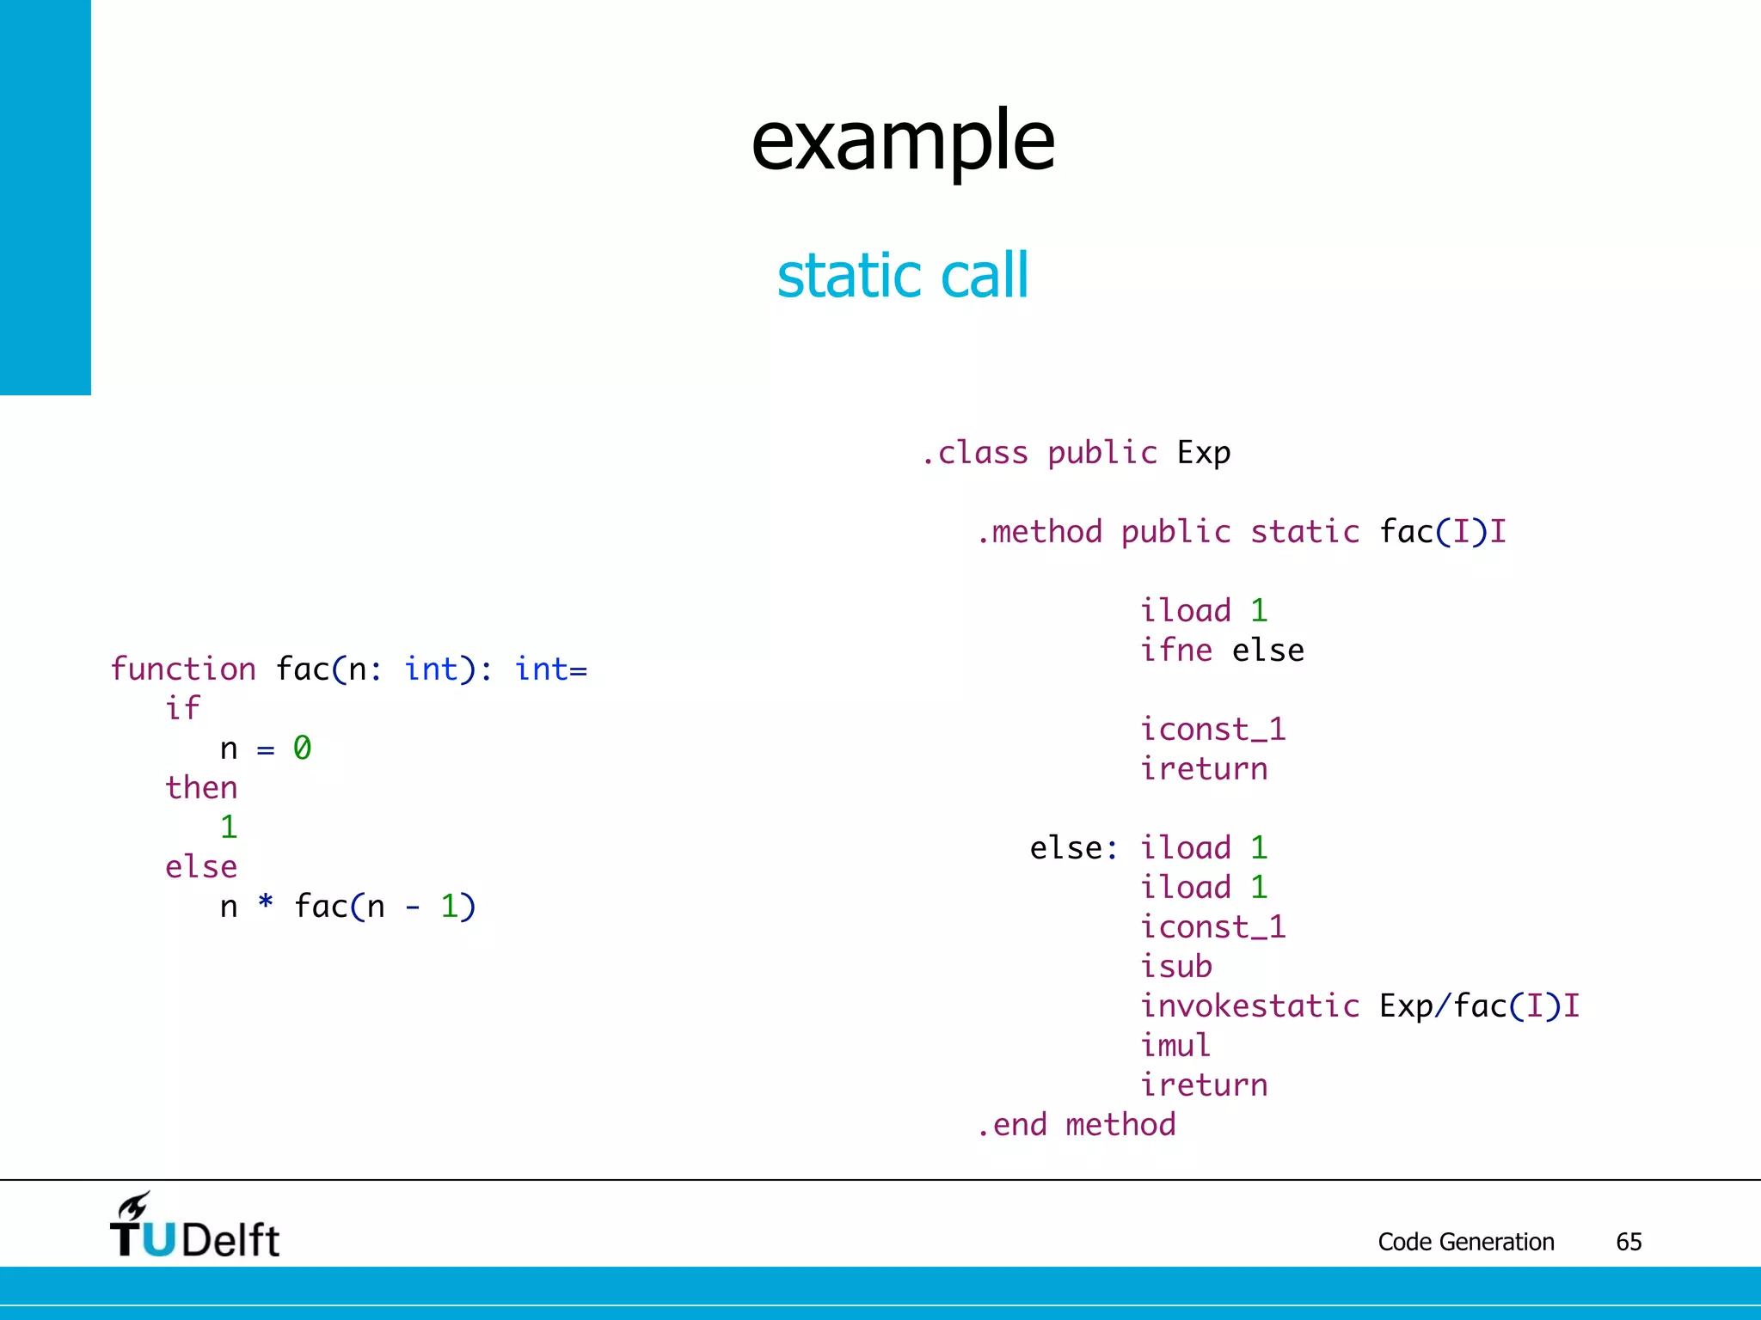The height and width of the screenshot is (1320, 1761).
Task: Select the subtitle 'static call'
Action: coord(903,275)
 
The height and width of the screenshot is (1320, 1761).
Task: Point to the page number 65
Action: coord(1629,1242)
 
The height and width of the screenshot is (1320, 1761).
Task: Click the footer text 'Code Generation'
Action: coord(1466,1242)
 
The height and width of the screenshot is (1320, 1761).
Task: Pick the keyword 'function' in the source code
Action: coord(183,669)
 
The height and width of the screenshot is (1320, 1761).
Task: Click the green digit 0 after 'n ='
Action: coord(302,748)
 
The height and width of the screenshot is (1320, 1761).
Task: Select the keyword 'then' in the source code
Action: coord(201,787)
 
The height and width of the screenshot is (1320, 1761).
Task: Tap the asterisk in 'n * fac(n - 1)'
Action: coord(266,903)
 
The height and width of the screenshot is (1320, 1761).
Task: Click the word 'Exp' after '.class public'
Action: coord(1204,452)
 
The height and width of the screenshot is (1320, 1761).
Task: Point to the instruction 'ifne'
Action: coord(1176,650)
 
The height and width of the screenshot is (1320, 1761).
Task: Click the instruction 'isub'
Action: coord(1176,966)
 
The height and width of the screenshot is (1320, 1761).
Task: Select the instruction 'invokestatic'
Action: coord(1250,1005)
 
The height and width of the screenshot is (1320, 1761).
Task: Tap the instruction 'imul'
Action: coord(1175,1045)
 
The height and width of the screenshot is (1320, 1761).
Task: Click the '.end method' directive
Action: coord(1077,1124)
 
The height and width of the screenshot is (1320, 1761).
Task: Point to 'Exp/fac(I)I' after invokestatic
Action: coord(1480,1005)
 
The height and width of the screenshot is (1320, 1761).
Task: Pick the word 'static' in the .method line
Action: coord(1305,531)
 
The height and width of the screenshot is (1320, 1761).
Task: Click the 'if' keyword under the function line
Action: coord(182,708)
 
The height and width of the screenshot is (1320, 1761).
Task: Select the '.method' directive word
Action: coord(1040,531)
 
